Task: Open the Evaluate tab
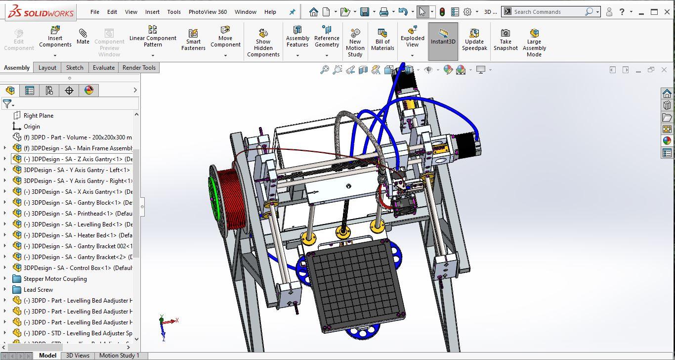click(x=104, y=68)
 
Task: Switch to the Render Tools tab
click(x=139, y=68)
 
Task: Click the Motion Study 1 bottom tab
click(x=119, y=355)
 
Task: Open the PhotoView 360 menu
click(x=208, y=12)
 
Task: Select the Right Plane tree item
click(x=39, y=116)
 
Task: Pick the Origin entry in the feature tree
click(x=32, y=127)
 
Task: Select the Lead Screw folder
click(x=38, y=290)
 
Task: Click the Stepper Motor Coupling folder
click(x=55, y=279)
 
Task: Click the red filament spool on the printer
click(x=228, y=198)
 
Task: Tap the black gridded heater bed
click(x=355, y=284)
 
